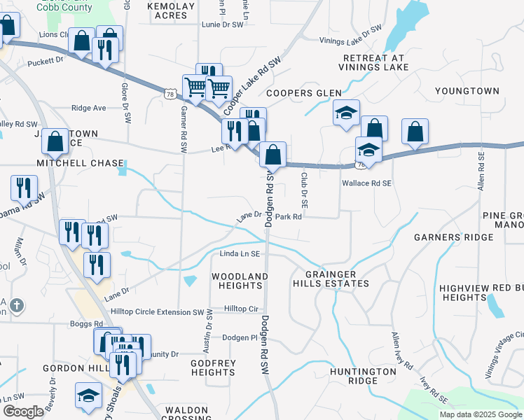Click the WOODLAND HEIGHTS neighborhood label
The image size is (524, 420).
click(x=240, y=281)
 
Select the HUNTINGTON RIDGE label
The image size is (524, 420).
click(x=363, y=376)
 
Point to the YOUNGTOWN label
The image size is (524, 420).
click(x=467, y=91)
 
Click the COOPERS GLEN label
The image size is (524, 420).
click(x=303, y=93)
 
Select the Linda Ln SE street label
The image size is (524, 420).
click(x=240, y=253)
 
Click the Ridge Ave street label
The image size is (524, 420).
click(x=88, y=108)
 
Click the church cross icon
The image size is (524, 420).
click(x=18, y=305)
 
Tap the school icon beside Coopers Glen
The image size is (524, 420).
click(x=345, y=113)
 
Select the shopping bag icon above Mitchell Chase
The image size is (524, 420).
click(x=55, y=141)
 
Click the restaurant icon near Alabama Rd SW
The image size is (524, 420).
click(x=24, y=188)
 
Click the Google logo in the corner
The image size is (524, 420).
click(x=22, y=412)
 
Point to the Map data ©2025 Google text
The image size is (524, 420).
click(x=481, y=414)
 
